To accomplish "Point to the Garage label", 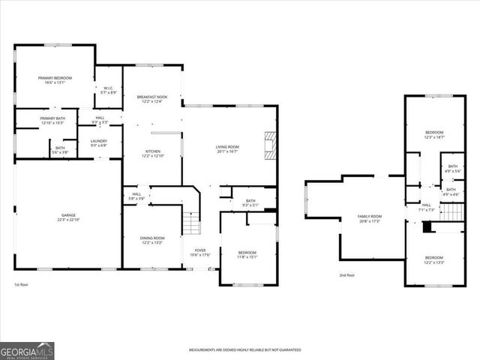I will (x=68, y=217).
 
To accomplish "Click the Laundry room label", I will (x=98, y=142).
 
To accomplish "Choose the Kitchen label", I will (x=153, y=153).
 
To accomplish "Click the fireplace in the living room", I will (x=269, y=144).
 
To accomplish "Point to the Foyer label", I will (x=200, y=252).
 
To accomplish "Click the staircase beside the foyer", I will (x=193, y=223).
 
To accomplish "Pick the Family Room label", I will (x=370, y=218).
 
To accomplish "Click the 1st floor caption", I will (x=21, y=284).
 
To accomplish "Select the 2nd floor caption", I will (x=346, y=275).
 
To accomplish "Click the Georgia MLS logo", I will (x=27, y=351).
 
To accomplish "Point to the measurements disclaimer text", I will (x=244, y=350).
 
